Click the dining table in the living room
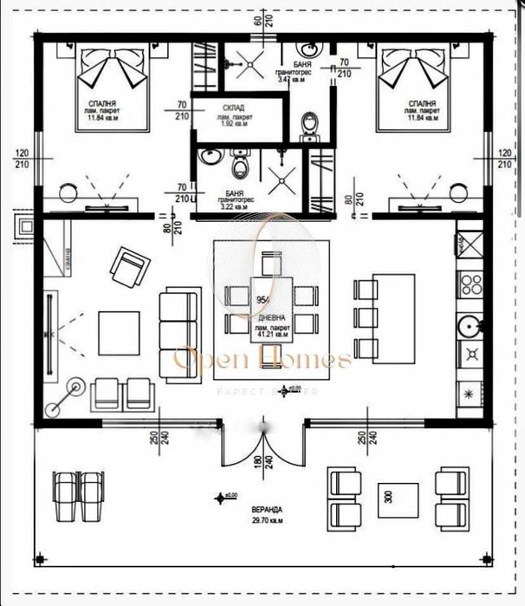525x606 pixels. point(272,309)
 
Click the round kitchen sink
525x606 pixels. point(470,324)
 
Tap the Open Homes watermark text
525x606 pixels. point(262,358)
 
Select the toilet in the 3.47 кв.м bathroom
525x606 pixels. point(309,127)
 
